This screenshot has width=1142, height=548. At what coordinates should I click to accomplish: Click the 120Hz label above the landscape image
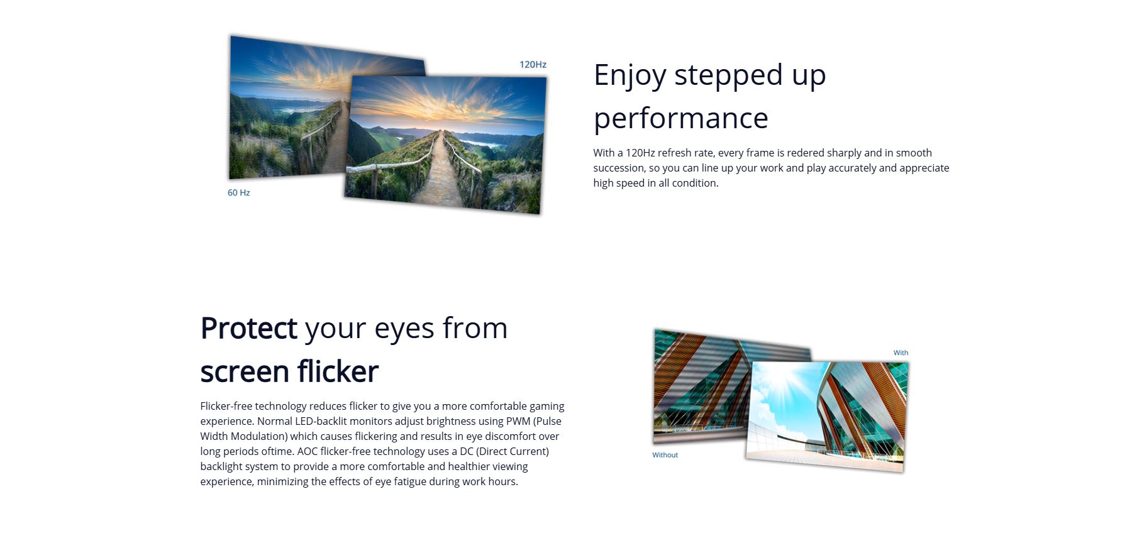point(533,64)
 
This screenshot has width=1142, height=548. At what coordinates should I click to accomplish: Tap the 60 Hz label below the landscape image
point(238,192)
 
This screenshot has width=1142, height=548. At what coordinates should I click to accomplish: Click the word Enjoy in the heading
point(629,76)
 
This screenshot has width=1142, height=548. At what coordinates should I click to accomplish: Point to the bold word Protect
point(248,328)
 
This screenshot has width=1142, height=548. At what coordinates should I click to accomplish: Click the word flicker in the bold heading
point(338,371)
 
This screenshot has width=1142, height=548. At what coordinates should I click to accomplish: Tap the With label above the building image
point(901,353)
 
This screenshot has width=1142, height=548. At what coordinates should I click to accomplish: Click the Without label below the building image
point(665,455)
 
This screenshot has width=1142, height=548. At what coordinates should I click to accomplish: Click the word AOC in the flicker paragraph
point(308,451)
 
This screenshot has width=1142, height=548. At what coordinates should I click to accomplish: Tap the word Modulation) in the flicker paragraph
point(259,436)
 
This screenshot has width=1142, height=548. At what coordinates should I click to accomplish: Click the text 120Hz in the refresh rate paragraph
point(640,153)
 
